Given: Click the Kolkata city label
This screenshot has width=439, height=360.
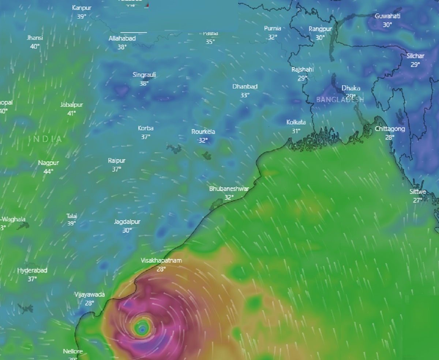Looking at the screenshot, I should click(x=296, y=123).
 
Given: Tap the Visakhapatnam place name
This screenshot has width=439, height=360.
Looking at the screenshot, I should click(x=161, y=260).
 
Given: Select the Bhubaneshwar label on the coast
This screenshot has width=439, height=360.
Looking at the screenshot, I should click(x=229, y=189).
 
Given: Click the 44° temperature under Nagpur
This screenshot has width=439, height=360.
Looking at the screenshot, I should click(x=48, y=171).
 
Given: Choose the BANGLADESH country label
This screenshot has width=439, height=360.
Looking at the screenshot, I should click(x=340, y=100).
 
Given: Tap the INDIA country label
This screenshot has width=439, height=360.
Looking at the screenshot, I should click(x=45, y=139).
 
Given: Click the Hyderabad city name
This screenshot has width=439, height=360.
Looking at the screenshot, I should click(x=32, y=270).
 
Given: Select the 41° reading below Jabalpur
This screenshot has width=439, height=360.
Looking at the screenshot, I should click(x=72, y=113).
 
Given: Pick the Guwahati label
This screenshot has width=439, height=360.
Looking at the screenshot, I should click(x=387, y=16).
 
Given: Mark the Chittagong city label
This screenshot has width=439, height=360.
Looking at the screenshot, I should click(x=390, y=129).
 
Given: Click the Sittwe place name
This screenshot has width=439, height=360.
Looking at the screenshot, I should click(x=418, y=192).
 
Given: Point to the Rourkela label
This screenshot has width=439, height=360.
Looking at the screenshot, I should click(x=203, y=132).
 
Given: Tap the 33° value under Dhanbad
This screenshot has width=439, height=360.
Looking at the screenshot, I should click(x=245, y=95).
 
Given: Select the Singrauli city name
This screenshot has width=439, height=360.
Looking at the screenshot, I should click(x=144, y=75).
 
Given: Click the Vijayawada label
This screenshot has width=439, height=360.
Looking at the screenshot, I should click(x=90, y=295).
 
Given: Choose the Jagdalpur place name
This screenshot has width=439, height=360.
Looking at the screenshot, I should click(x=127, y=222).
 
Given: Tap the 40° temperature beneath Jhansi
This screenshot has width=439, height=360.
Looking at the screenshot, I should click(x=35, y=46).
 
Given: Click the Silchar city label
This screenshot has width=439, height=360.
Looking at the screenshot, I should click(x=415, y=56).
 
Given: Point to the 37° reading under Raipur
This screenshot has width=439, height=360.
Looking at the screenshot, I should click(x=117, y=169).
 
